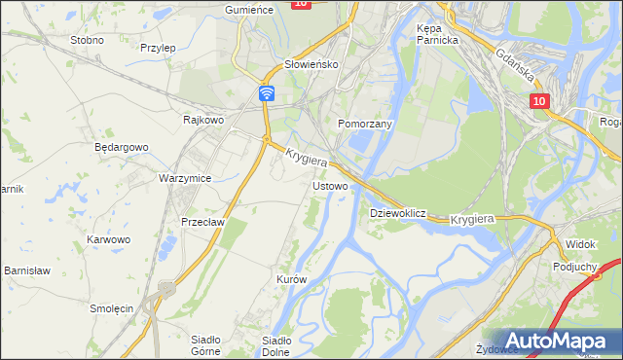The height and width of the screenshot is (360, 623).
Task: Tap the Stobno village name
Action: tap(88, 41)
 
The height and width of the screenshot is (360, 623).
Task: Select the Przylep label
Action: tap(158, 47)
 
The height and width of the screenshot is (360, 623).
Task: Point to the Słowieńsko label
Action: tap(310, 64)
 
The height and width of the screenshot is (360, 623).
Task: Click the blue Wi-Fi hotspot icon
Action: tap(267, 92)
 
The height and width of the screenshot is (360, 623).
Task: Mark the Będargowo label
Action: tap(121, 147)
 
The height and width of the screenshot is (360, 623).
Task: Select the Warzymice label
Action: tap(185, 179)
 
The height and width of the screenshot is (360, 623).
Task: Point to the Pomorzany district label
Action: tap(364, 125)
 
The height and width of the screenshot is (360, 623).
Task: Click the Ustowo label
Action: tap(329, 185)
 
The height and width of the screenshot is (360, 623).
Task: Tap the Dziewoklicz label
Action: tap(398, 212)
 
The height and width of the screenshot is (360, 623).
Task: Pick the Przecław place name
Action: tap(203, 221)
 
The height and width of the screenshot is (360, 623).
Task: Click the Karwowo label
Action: tap(108, 239)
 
